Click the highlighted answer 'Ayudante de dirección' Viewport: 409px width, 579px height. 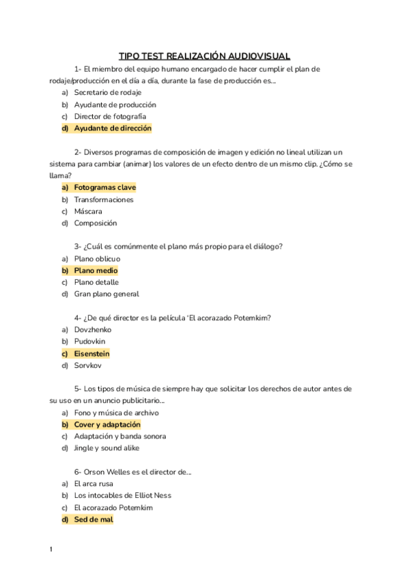(x=113, y=128)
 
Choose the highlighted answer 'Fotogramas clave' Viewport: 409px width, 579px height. (x=105, y=187)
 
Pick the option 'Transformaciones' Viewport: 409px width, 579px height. (x=104, y=199)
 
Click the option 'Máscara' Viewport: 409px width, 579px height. (x=88, y=211)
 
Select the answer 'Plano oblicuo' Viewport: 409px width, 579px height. (x=97, y=259)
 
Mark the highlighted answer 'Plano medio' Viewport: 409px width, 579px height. (x=96, y=270)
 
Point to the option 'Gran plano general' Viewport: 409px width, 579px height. (x=107, y=294)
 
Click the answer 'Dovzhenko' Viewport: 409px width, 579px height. (x=93, y=330)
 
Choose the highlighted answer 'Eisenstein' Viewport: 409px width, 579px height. (x=91, y=354)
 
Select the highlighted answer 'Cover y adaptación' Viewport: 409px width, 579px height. (x=107, y=425)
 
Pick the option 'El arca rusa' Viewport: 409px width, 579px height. (x=94, y=483)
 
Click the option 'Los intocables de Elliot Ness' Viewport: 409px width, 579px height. (x=123, y=495)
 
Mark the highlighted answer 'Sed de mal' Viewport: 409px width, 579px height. (x=94, y=519)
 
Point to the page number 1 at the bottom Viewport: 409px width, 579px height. (x=51, y=550)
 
